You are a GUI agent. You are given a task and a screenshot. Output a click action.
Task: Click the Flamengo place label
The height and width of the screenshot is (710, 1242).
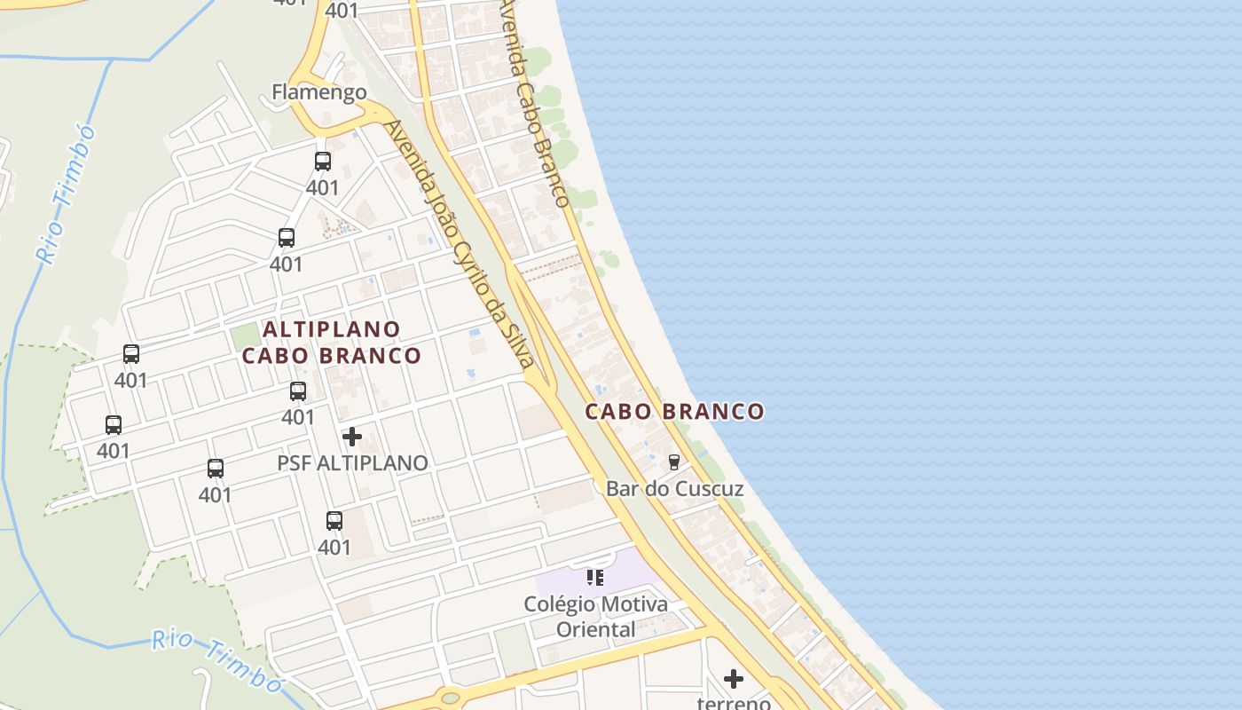[318, 91]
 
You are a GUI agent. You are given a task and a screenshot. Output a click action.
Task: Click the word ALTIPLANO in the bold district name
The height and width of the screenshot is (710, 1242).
[332, 329]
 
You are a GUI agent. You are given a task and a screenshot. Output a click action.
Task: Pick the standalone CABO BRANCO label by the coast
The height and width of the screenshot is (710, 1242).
[674, 412]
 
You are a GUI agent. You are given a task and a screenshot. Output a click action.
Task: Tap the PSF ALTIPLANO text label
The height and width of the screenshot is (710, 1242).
[352, 463]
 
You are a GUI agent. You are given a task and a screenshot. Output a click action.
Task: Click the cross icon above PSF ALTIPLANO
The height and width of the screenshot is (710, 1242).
[352, 437]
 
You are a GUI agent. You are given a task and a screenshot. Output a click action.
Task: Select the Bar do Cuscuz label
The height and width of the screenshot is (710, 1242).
[674, 489]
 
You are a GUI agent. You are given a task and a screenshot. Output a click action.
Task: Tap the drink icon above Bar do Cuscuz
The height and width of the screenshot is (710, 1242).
[674, 461]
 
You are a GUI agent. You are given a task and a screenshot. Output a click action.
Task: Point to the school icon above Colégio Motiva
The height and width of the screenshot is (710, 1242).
[595, 578]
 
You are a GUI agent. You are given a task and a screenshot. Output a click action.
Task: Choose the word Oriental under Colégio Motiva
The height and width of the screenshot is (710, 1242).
[595, 630]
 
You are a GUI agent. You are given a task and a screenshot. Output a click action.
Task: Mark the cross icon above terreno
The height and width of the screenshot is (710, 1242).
[734, 679]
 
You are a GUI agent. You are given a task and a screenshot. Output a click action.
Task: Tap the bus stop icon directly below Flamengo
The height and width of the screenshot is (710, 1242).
[323, 162]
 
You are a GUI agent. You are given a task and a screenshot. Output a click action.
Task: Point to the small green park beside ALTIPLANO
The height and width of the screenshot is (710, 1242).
[242, 337]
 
